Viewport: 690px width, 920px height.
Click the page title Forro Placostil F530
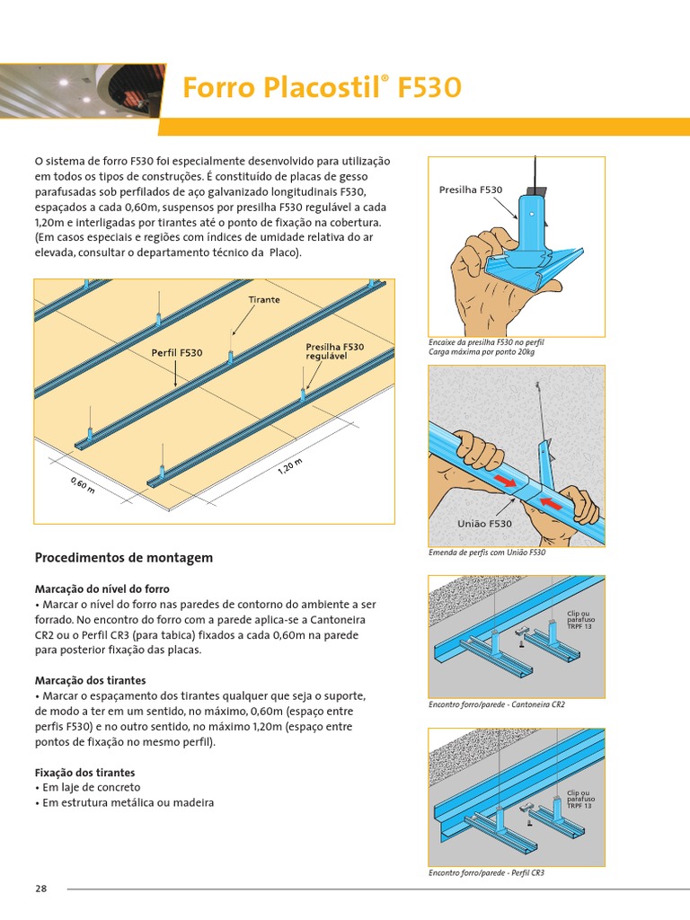tap(322, 88)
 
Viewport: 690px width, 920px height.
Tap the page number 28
tap(40, 889)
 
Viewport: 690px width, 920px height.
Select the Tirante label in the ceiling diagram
tap(264, 299)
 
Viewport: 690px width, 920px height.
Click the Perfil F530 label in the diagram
tap(176, 353)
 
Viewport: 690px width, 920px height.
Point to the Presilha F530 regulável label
tap(334, 351)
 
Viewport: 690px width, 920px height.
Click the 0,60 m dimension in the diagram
tap(82, 484)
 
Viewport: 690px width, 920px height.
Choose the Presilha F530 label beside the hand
tap(470, 190)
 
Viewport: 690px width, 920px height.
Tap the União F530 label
tap(484, 523)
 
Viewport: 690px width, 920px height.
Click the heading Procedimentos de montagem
tap(123, 558)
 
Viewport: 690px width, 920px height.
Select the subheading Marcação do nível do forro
tap(102, 588)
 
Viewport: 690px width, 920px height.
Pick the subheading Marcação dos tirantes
tap(90, 680)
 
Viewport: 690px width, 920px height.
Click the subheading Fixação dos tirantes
tap(84, 773)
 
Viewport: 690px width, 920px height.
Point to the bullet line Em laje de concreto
tap(87, 787)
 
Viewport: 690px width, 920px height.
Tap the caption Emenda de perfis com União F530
tap(487, 553)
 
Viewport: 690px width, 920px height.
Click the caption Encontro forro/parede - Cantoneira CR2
tap(497, 704)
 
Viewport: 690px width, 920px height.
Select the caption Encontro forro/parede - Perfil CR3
tap(486, 872)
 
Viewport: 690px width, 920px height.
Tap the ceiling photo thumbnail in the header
tap(81, 90)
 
